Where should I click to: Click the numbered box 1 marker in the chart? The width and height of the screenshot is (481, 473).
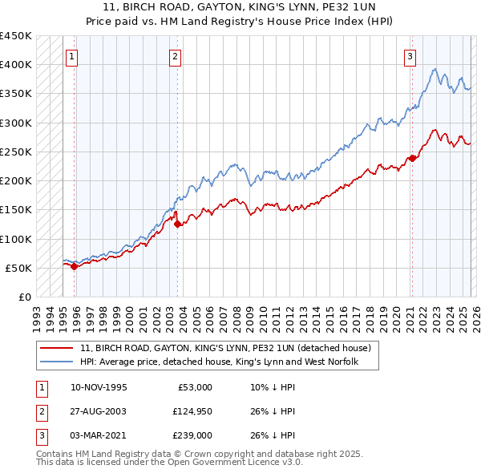click(x=73, y=56)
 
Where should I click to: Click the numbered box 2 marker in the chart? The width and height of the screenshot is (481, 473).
click(x=175, y=56)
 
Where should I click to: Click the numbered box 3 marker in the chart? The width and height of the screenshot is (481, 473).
click(x=410, y=56)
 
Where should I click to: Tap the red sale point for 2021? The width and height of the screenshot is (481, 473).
click(x=411, y=158)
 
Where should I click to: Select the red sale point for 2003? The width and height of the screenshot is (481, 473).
click(x=178, y=224)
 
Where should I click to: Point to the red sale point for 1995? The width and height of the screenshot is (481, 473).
click(x=74, y=267)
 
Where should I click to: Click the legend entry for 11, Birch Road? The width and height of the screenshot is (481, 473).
click(x=224, y=349)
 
